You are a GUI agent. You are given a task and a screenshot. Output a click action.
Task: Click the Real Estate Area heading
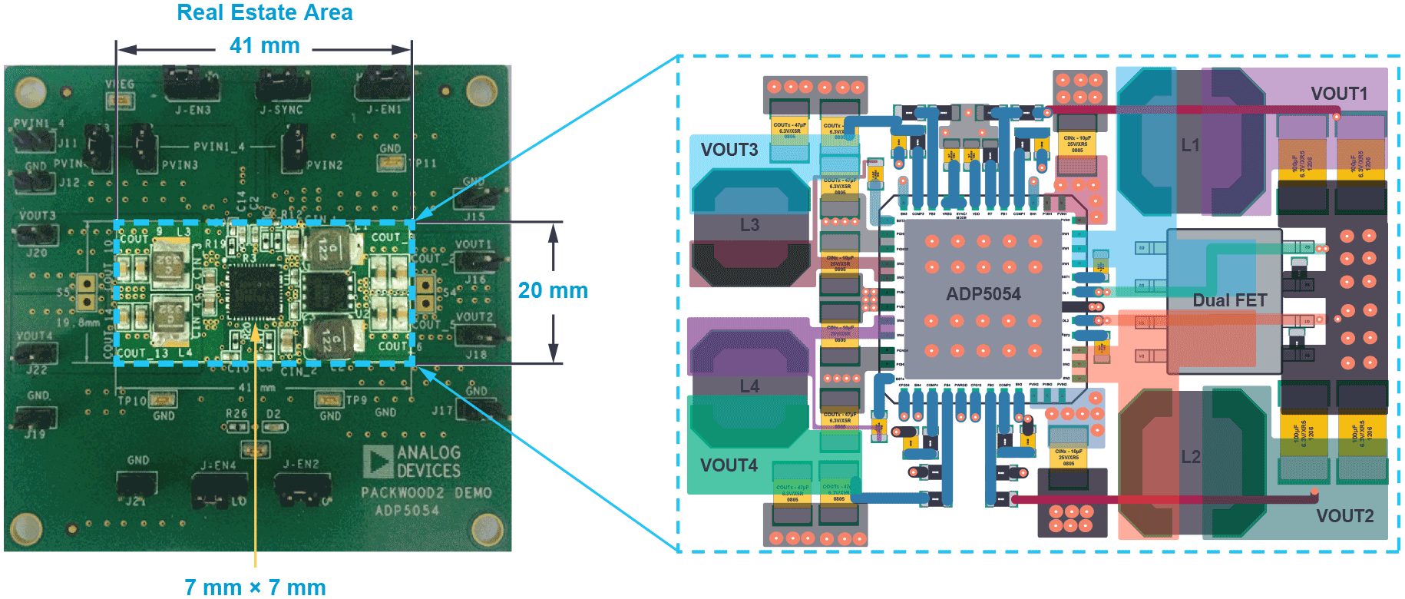coord(264,13)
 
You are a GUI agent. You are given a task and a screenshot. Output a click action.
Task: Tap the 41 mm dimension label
coord(264,46)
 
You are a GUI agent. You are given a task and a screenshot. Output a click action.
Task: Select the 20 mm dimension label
coord(553,291)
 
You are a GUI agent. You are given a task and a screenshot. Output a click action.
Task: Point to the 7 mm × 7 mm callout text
coord(255,587)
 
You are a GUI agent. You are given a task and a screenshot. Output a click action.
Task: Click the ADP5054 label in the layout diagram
coord(983,294)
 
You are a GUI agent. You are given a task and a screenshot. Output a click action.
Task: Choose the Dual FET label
coord(1229,300)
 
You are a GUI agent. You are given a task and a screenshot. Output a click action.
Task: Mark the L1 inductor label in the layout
coord(1190,145)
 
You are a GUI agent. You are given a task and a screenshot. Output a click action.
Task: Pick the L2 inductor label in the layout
coord(1190,457)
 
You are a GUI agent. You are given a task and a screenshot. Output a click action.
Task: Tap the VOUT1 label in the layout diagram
coord(1339,94)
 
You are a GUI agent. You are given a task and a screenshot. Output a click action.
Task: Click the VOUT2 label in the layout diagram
coord(1344,516)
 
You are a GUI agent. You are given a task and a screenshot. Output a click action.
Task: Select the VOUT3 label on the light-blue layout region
coord(729,150)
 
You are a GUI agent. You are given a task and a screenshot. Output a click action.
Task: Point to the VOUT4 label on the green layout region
coord(729,465)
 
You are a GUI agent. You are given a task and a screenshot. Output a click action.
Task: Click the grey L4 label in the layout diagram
coord(749,386)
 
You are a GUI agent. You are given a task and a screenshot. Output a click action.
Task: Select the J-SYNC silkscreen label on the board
coord(281,110)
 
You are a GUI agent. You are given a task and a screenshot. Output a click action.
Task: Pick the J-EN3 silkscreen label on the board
coord(193,110)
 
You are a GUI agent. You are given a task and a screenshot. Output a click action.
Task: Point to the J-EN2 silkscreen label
coord(300,464)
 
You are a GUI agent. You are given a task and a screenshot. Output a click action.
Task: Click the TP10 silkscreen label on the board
coord(131,400)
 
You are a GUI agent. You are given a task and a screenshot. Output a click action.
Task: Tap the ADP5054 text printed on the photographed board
coord(407,511)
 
